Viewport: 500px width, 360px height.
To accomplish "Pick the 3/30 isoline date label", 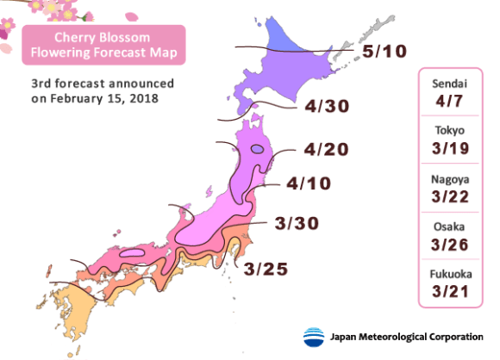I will coord(297,224).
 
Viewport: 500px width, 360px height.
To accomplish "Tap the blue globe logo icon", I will coord(316,336).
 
